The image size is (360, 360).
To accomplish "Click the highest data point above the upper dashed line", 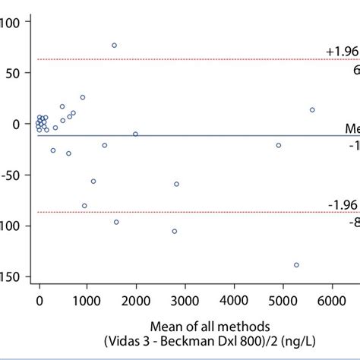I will click(114, 46).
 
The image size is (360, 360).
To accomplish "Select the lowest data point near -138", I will click(296, 265).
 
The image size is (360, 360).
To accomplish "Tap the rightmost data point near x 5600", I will click(312, 110).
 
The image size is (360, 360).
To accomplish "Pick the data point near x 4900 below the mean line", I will click(278, 145).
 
